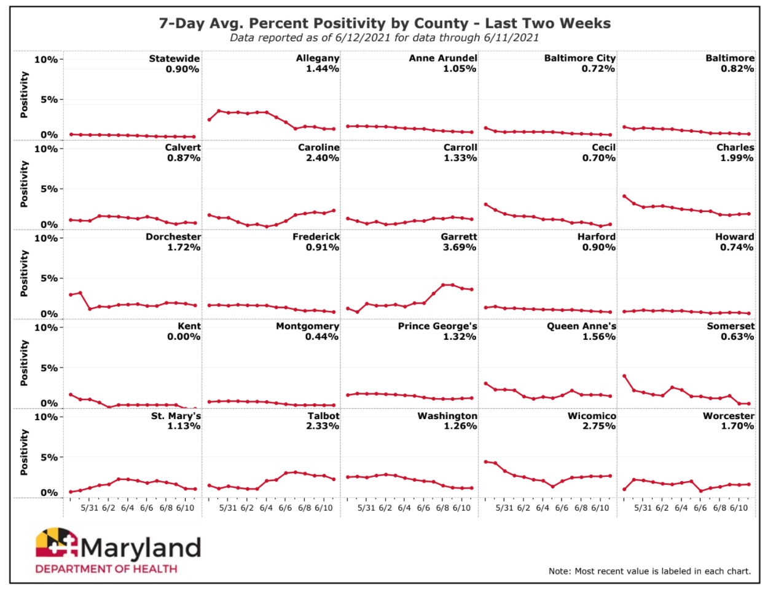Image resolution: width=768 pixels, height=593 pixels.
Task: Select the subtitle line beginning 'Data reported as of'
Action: click(385, 37)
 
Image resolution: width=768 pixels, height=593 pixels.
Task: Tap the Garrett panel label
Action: click(458, 237)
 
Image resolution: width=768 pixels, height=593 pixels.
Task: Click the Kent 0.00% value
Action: click(184, 337)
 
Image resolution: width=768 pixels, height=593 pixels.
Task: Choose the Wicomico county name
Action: click(592, 416)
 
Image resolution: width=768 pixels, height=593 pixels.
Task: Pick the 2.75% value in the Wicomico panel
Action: click(599, 426)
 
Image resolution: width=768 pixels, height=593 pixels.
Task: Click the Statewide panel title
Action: click(174, 58)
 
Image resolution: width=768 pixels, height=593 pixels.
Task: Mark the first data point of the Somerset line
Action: click(624, 376)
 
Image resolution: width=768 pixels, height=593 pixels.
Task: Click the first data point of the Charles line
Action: click(624, 197)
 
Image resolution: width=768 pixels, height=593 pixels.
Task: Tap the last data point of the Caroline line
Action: click(334, 211)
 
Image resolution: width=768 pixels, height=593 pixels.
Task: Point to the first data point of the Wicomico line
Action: click(485, 461)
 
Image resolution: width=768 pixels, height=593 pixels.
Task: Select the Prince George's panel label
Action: click(437, 326)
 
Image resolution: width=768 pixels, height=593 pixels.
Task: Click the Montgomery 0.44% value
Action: click(322, 337)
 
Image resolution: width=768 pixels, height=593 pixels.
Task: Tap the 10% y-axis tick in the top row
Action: click(45, 60)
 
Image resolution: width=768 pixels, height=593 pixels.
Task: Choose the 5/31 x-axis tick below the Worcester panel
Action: click(643, 508)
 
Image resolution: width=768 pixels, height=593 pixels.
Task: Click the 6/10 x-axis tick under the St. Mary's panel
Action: click(185, 508)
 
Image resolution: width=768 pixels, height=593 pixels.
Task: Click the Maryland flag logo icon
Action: click(57, 544)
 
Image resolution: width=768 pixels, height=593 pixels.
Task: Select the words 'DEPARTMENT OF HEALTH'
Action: click(106, 569)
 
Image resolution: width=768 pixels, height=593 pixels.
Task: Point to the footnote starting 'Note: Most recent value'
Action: click(649, 571)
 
